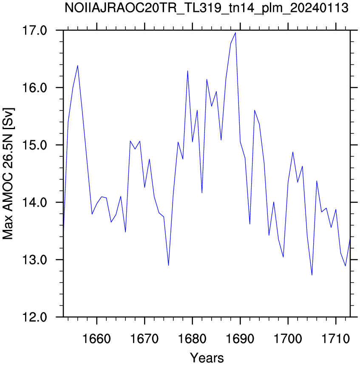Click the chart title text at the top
[206, 8]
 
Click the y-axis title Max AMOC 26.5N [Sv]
[8, 173]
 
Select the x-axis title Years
[207, 357]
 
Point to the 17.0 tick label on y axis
[34, 31]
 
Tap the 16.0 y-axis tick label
[34, 88]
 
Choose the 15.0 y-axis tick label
[34, 145]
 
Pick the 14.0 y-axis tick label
[34, 203]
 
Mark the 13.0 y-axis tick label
[34, 260]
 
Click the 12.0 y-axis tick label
[34, 317]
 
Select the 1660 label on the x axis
[96, 339]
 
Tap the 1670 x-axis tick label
[145, 339]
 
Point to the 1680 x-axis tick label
[193, 339]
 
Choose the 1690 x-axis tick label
[240, 339]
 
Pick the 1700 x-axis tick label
[288, 339]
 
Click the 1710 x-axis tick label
[336, 339]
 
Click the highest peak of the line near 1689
[235, 33]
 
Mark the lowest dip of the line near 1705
[312, 275]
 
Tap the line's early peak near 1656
[77, 65]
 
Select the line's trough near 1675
[168, 265]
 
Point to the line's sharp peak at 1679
[187, 71]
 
